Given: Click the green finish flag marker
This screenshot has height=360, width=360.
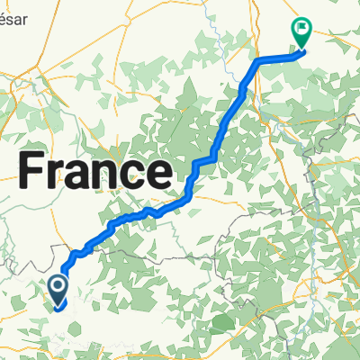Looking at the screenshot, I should [x=300, y=32].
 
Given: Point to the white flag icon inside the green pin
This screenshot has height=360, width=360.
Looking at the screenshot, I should [x=300, y=29].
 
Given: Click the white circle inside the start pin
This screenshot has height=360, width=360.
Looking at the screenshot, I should [x=58, y=287].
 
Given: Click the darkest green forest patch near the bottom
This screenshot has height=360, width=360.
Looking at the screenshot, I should [x=220, y=322].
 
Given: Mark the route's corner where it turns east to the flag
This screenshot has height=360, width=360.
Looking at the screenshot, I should [x=260, y=60].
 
